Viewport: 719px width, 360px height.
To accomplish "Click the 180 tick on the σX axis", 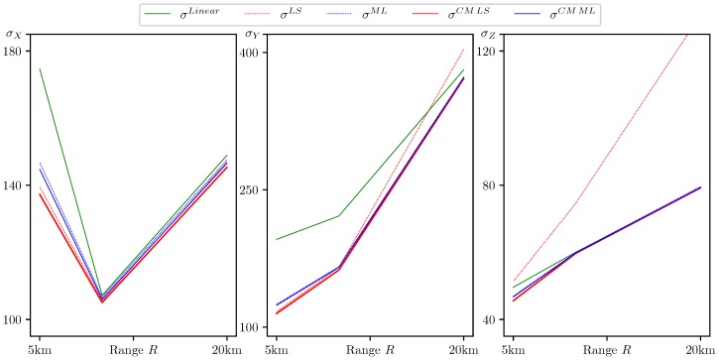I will pyautogui.click(x=17, y=52).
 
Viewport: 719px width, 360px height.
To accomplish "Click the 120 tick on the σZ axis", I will pyautogui.click(x=489, y=52).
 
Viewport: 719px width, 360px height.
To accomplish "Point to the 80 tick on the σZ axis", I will pyautogui.click(x=492, y=185).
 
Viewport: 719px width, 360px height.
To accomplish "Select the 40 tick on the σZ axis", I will pyautogui.click(x=492, y=319).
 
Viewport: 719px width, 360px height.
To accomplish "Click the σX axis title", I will pyautogui.click(x=14, y=35).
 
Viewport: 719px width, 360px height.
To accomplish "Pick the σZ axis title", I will pyautogui.click(x=488, y=35).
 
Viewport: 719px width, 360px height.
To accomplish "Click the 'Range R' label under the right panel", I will pyautogui.click(x=607, y=350).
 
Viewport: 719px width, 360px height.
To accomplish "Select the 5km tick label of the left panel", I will pyautogui.click(x=40, y=350).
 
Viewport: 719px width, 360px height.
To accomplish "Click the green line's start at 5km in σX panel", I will pyautogui.click(x=40, y=69).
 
